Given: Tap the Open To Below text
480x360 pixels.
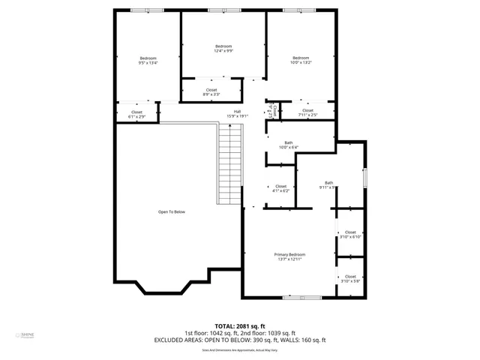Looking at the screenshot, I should click(171, 212).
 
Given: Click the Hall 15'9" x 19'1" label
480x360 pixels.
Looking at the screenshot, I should click(237, 114).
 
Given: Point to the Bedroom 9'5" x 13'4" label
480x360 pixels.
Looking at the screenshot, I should click(148, 61).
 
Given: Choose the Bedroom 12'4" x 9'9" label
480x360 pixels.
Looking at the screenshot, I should click(223, 49).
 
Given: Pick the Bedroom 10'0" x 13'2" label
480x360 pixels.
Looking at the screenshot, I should click(301, 61).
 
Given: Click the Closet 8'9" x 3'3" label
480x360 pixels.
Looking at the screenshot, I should click(211, 92).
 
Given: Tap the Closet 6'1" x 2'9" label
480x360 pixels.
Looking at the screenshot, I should click(136, 115).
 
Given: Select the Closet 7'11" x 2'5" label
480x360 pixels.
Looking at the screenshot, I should click(307, 112).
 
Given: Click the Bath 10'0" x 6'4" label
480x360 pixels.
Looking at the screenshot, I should click(288, 145).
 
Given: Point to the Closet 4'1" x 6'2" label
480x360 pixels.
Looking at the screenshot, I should click(280, 188).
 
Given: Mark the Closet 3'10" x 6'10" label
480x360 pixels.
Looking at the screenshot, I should click(350, 234).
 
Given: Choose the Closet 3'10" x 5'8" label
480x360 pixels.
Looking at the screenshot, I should click(350, 278).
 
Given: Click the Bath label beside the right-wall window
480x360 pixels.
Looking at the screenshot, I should click(328, 184).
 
